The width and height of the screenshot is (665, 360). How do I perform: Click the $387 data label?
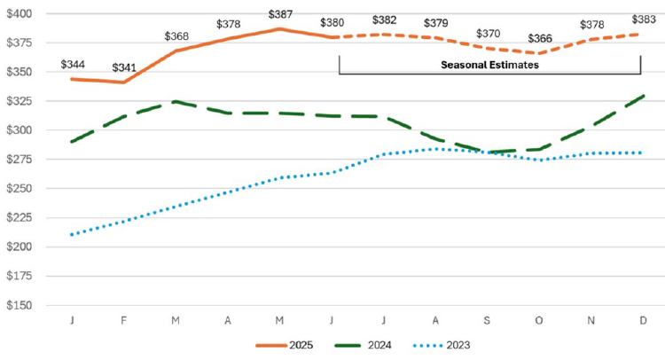[x=280, y=15]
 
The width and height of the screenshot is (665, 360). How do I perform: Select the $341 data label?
[x=124, y=68]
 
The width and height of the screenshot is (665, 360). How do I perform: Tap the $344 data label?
[x=73, y=65]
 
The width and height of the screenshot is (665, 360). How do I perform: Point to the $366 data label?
[x=538, y=39]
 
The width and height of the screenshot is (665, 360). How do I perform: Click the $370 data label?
[x=487, y=34]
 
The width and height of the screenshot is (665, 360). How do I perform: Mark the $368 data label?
[x=176, y=36]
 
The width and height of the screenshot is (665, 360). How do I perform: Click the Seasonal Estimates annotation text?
[x=489, y=65]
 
